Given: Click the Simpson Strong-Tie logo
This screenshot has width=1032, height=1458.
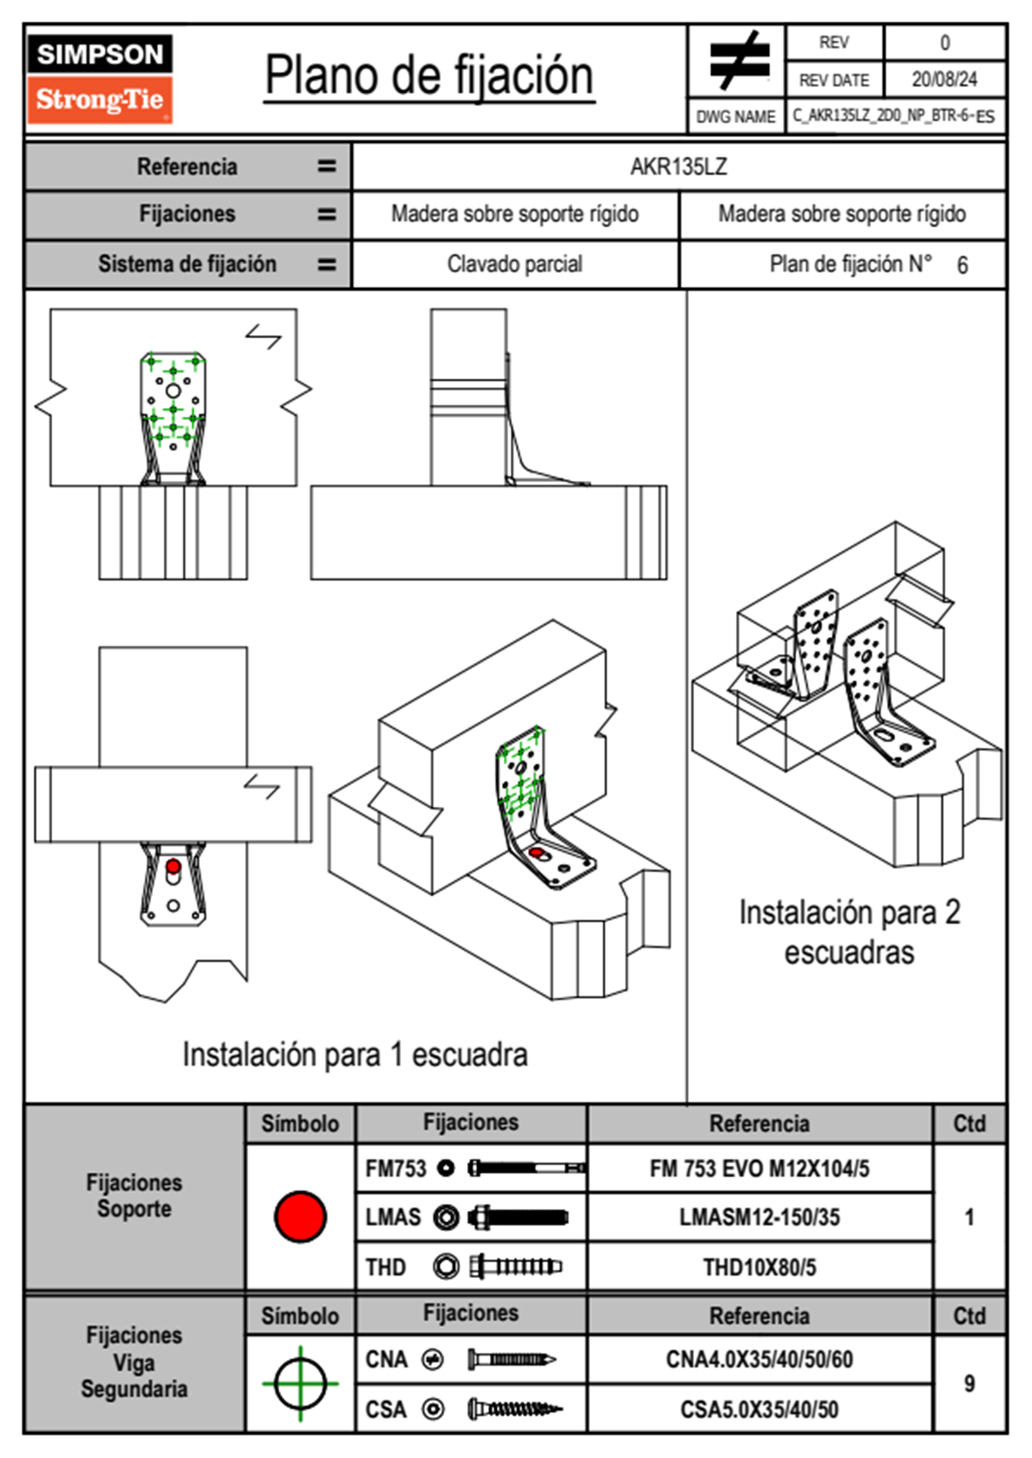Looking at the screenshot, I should tap(100, 79).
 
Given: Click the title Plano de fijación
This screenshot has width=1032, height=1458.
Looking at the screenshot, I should tap(429, 75).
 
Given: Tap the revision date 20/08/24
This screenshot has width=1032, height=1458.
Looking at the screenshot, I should tap(944, 80).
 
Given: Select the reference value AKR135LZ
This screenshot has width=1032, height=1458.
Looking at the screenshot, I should tap(678, 166).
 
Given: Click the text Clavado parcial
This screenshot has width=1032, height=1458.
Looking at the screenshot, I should tap(514, 264).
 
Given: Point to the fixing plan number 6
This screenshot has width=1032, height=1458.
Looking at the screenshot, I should tap(962, 265).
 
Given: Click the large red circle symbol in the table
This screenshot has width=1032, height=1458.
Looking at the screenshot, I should tap(300, 1216).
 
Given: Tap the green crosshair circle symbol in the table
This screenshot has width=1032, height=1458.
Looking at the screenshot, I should tap(300, 1383).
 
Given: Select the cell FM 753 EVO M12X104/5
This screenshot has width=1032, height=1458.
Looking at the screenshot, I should tap(759, 1168).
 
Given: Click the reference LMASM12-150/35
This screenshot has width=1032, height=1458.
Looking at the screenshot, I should tap(759, 1217).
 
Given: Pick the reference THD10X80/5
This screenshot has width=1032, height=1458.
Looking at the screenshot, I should tap(759, 1267).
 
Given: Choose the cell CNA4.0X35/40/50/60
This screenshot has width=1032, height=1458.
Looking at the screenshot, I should tap(759, 1359).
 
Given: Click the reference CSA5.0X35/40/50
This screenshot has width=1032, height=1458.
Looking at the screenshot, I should tap(759, 1409).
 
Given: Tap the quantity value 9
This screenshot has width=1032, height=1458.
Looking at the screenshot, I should tap(969, 1383).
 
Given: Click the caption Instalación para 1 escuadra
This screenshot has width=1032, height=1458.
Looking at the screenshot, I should tap(355, 1055).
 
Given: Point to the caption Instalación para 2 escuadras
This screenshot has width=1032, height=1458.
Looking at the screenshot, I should tap(849, 932).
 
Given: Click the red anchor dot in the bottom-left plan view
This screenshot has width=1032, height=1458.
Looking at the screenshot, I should tap(173, 866).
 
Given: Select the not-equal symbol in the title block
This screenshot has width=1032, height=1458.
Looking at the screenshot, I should tap(738, 61).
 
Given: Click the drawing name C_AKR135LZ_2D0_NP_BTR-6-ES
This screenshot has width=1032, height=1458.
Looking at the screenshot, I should tap(893, 116).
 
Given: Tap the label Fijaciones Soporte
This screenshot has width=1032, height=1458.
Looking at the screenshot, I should tap(134, 1195).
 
